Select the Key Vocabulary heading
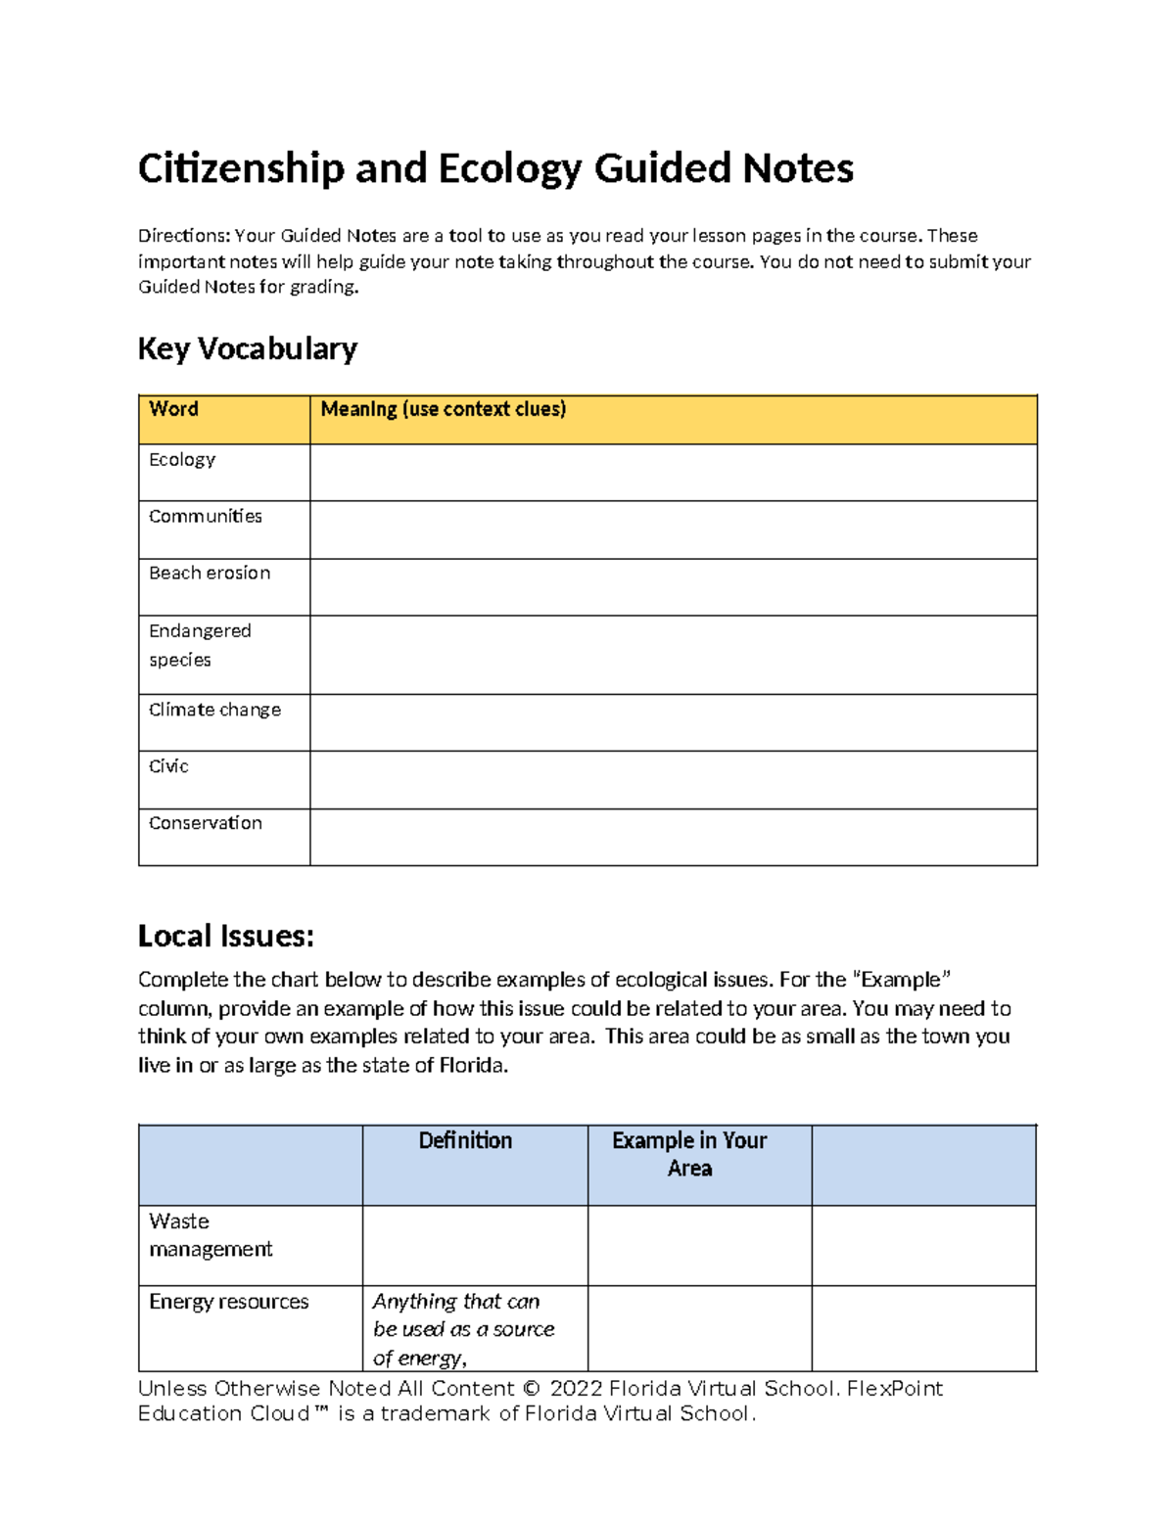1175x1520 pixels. pyautogui.click(x=247, y=348)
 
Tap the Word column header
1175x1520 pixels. pyautogui.click(x=173, y=409)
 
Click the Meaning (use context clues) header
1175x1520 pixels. pyautogui.click(x=443, y=409)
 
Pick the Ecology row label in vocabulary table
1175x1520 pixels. pyautogui.click(x=182, y=460)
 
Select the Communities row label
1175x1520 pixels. pyautogui.click(x=206, y=516)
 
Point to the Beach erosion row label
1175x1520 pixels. pyautogui.click(x=210, y=574)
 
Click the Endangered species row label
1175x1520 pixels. pyautogui.click(x=200, y=645)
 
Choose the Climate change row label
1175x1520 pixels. pyautogui.click(x=214, y=710)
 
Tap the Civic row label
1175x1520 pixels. pyautogui.click(x=168, y=766)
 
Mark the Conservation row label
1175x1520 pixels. pyautogui.click(x=206, y=823)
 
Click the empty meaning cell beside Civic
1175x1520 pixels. pyautogui.click(x=673, y=779)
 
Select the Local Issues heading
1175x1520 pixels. pyautogui.click(x=225, y=936)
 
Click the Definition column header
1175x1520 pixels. pyautogui.click(x=465, y=1141)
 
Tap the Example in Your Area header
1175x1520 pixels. pyautogui.click(x=689, y=1154)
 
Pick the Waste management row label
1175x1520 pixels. pyautogui.click(x=210, y=1235)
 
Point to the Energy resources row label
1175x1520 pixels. pyautogui.click(x=228, y=1302)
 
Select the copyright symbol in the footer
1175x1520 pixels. pyautogui.click(x=532, y=1388)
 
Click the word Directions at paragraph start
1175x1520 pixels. pyautogui.click(x=183, y=236)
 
